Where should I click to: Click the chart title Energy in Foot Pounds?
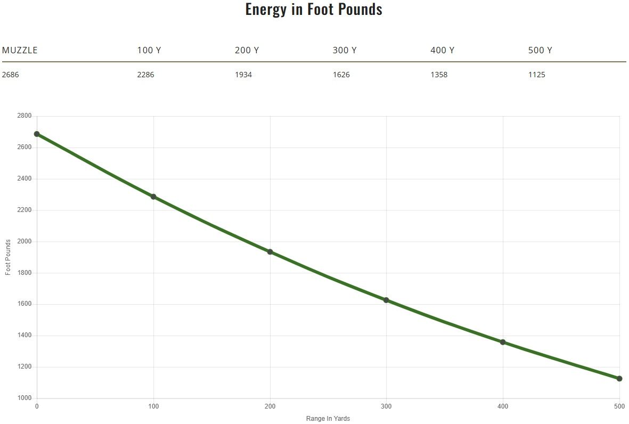point(314,9)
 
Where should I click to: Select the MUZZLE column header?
point(20,50)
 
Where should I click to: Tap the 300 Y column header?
point(345,50)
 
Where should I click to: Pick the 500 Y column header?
point(540,50)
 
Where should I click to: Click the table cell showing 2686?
point(10,75)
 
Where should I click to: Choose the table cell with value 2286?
point(145,75)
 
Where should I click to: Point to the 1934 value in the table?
point(243,75)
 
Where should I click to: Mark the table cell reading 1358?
point(439,75)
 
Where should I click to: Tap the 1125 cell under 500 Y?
point(537,75)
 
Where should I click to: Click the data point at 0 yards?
point(37,134)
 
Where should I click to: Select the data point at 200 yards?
point(270,252)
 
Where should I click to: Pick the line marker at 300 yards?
point(386,300)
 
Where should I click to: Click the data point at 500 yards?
point(619,379)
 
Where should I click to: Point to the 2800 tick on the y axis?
point(24,116)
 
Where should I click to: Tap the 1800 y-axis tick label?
point(24,273)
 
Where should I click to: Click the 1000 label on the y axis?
point(24,398)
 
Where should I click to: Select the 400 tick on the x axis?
point(503,407)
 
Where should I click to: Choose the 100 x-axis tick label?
point(153,407)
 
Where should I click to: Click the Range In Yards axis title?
point(328,419)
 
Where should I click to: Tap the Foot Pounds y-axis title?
point(8,257)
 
